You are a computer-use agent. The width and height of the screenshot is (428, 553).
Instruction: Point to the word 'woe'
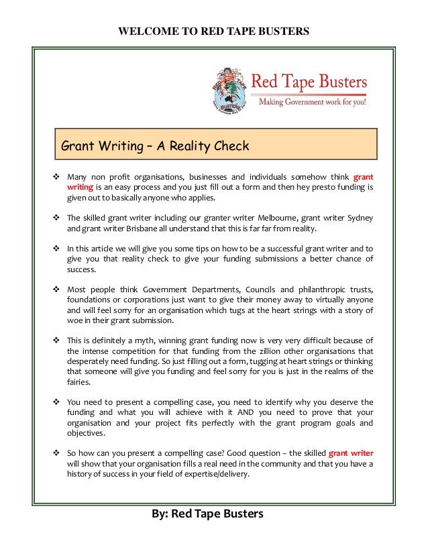click(x=74, y=321)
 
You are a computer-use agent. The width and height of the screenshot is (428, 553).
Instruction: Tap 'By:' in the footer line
click(x=160, y=514)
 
